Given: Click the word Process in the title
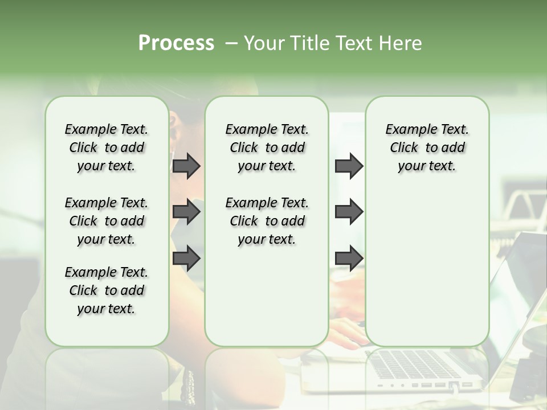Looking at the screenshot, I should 176,43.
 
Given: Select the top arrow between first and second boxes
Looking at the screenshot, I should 186,166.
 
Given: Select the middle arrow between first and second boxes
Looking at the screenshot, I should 186,212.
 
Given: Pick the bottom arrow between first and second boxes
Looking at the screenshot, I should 186,258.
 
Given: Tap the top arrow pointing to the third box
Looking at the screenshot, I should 349,166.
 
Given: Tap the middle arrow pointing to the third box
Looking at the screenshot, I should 349,212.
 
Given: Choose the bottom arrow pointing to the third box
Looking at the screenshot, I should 349,258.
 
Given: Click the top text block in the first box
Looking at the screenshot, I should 107,147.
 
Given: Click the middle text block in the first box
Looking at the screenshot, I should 107,221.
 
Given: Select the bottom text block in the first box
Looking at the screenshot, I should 107,290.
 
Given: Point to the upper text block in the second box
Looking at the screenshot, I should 267,147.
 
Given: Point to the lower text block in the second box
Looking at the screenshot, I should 267,221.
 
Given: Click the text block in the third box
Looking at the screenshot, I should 427,147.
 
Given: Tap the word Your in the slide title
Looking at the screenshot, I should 263,43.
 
